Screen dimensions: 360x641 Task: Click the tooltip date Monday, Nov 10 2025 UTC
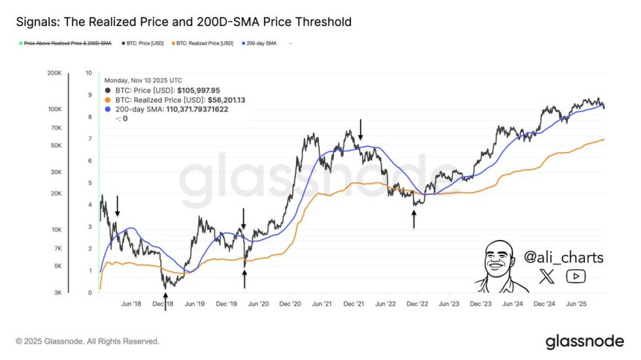tap(143, 79)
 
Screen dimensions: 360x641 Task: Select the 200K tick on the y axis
tap(54, 73)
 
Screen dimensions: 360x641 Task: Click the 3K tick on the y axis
tap(57, 293)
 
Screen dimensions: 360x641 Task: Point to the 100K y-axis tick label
tap(54, 109)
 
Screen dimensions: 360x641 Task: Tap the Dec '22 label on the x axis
tap(417, 304)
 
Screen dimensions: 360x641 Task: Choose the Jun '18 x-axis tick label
tap(130, 304)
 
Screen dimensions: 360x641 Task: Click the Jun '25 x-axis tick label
tap(578, 304)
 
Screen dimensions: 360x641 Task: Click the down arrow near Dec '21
tap(361, 130)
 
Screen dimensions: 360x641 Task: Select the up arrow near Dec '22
tap(414, 218)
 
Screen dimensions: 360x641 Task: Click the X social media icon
tap(546, 277)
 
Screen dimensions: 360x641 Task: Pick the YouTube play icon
tap(576, 277)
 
